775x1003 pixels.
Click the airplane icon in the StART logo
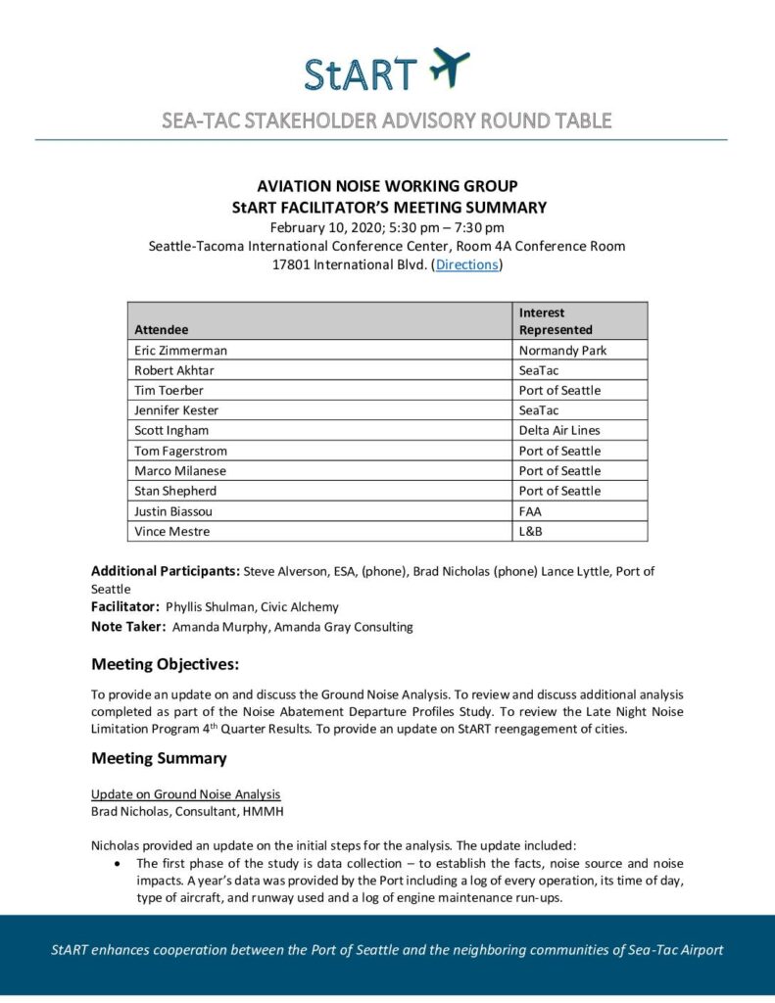coord(450,68)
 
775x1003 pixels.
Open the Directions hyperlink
coord(466,264)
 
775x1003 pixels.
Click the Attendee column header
coord(161,330)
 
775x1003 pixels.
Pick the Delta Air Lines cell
coord(559,430)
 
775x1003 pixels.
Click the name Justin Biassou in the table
coord(172,510)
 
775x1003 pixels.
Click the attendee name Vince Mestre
coord(171,531)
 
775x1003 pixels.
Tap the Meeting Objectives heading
coord(165,665)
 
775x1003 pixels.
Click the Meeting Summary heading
coord(159,758)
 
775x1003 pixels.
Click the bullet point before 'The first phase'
coord(118,863)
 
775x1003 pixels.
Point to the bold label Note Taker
coord(128,627)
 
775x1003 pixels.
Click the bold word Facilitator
coord(125,607)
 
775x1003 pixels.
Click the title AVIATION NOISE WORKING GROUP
coord(387,186)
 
